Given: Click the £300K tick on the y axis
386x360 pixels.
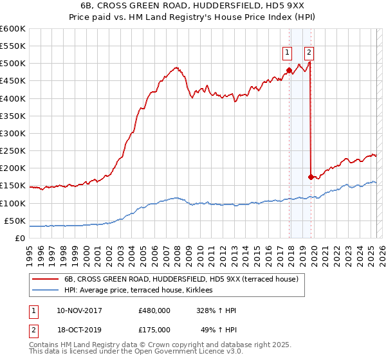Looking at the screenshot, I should pyautogui.click(x=13, y=133).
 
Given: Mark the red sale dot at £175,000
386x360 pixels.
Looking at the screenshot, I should pyautogui.click(x=311, y=176).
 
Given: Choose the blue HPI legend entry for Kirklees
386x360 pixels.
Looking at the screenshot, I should pyautogui.click(x=142, y=290).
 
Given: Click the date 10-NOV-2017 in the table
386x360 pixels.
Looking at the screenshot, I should pyautogui.click(x=80, y=310).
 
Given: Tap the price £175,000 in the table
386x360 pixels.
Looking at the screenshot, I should pyautogui.click(x=154, y=331).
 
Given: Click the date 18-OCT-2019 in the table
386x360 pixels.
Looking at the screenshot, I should pyautogui.click(x=80, y=331).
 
